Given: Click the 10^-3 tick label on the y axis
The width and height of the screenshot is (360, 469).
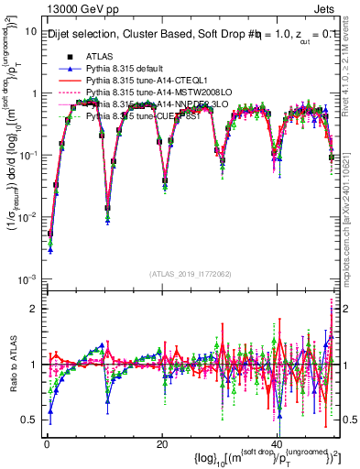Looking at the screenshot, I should click(x=26, y=278).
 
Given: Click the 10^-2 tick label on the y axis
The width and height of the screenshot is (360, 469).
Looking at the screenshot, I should click(x=26, y=217).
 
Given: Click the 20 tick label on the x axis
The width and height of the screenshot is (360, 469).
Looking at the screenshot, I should click(x=161, y=444).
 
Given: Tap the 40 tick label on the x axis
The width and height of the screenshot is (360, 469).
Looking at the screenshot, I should click(x=278, y=444).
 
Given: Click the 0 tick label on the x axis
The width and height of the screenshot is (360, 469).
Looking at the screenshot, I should click(x=46, y=444).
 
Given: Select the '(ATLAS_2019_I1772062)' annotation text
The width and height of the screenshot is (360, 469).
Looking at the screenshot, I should click(x=191, y=273).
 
